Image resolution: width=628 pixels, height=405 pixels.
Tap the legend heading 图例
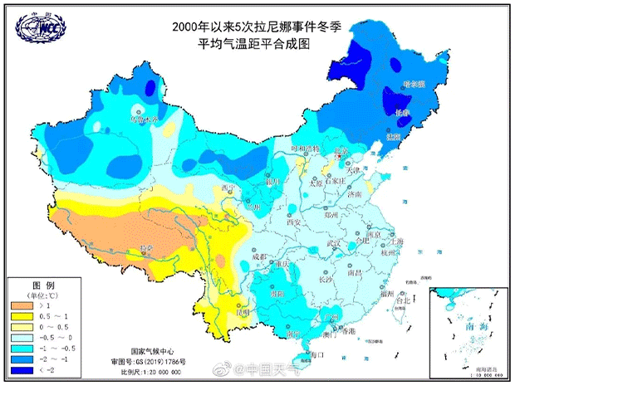42,284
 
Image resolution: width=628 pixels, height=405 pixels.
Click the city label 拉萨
147,248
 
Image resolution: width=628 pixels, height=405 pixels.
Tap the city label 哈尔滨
413,85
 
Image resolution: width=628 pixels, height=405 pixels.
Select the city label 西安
292,222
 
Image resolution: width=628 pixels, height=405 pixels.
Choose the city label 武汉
335,243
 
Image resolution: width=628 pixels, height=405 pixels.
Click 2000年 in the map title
191,27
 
